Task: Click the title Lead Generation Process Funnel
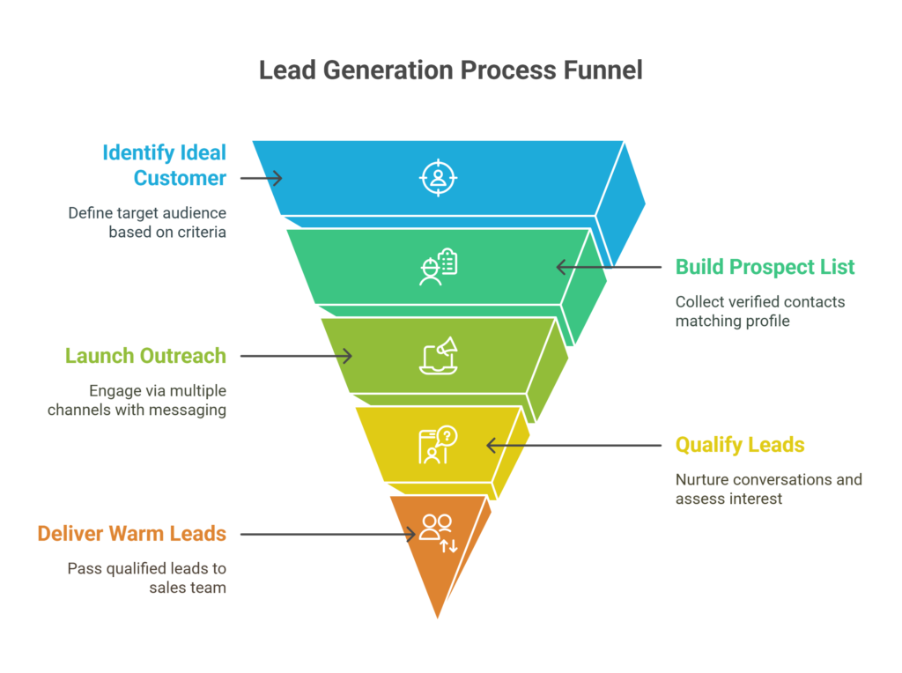tap(450, 70)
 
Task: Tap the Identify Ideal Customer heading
tap(164, 165)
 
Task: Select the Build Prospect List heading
tap(765, 267)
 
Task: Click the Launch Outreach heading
tap(145, 356)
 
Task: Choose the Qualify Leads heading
tap(740, 445)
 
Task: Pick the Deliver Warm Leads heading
tap(131, 534)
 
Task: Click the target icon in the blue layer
tap(438, 177)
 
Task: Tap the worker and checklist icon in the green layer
tap(438, 267)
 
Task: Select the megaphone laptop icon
tap(438, 355)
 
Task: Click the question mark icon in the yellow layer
tap(438, 445)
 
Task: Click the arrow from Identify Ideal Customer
tap(261, 178)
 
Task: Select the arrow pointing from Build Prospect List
tap(608, 267)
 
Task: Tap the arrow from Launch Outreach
tap(296, 356)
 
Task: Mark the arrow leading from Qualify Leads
tap(573, 445)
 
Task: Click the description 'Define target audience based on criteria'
tap(147, 223)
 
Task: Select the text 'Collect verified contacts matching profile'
tap(760, 311)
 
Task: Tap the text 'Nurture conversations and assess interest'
tap(768, 489)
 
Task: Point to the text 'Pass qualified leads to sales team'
tap(147, 578)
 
